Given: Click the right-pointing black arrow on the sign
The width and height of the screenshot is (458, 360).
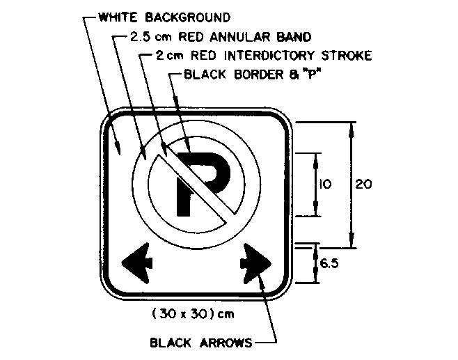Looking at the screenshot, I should [x=255, y=262].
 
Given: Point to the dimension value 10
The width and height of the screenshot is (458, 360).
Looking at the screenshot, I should [x=325, y=185].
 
